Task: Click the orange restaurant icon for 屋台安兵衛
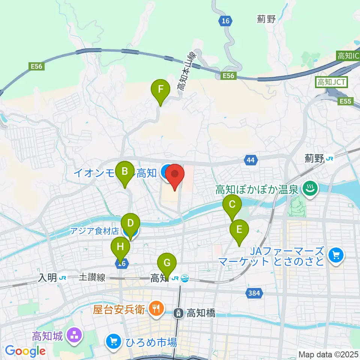(x=154, y=309)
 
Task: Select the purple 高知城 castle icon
(x=74, y=335)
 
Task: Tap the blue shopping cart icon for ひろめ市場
(x=112, y=342)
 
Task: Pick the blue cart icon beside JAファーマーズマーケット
(x=335, y=256)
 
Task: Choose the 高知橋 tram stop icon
(x=180, y=312)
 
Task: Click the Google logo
(x=25, y=351)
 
